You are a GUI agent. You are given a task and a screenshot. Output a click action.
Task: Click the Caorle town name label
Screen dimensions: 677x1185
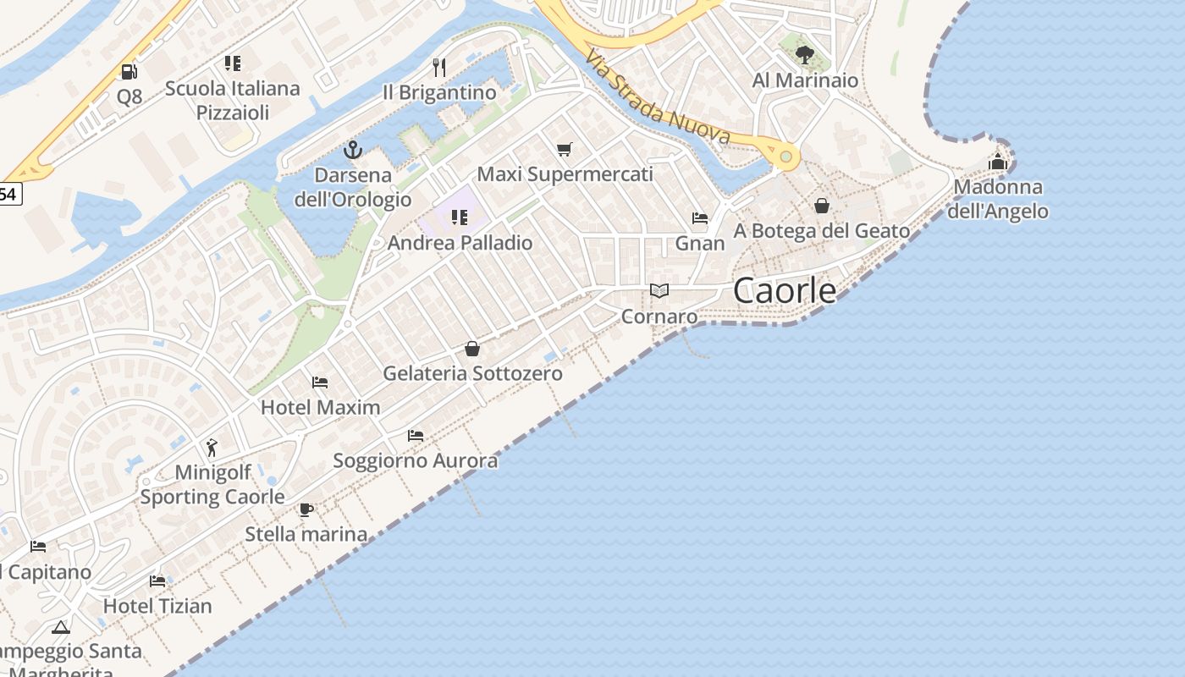point(785,291)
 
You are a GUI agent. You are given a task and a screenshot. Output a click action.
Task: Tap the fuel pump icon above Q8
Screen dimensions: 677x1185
point(129,72)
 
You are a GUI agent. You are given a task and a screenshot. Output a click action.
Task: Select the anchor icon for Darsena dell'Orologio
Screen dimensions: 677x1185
point(353,151)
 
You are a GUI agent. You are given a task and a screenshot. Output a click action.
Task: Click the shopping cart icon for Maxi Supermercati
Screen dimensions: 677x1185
point(565,150)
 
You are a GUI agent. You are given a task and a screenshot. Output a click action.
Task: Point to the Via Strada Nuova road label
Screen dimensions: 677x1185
point(657,97)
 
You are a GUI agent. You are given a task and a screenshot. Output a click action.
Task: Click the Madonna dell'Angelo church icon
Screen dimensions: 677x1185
point(998,162)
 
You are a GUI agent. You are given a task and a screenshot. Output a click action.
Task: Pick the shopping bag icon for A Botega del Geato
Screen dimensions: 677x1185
point(821,206)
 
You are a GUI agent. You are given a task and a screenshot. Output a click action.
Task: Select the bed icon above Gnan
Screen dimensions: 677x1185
point(700,218)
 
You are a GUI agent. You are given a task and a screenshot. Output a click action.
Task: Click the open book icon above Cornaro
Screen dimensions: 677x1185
point(659,291)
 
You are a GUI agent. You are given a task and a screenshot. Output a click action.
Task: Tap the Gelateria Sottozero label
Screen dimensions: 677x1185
point(472,373)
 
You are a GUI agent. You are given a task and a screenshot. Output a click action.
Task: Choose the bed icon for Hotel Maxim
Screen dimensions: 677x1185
point(320,383)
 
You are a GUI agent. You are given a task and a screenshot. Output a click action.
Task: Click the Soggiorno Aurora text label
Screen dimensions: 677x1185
point(416,461)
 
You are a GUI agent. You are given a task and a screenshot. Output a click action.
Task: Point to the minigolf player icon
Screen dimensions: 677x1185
point(212,447)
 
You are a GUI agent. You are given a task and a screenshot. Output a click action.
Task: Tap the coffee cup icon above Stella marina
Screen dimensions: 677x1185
point(306,509)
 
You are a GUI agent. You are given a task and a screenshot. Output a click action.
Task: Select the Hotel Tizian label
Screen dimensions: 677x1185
point(157,606)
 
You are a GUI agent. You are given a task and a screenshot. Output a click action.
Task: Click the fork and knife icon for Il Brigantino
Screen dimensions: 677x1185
point(438,68)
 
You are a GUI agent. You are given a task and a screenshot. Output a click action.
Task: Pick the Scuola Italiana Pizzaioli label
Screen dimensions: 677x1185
point(233,100)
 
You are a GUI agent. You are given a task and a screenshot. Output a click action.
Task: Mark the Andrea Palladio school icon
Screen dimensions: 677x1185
point(460,217)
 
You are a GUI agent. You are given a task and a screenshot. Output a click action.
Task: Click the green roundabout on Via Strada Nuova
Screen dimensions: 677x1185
point(785,157)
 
